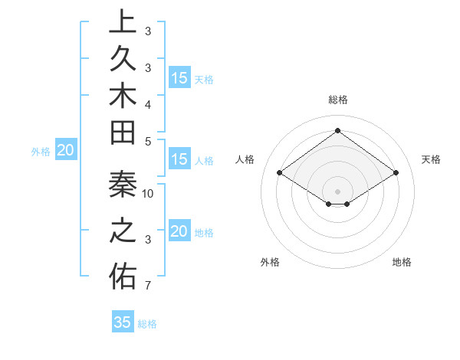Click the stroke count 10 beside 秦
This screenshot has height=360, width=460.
pyautogui.click(x=148, y=194)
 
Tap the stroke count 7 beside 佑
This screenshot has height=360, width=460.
pyautogui.click(x=148, y=286)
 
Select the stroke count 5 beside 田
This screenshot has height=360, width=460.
pyautogui.click(x=148, y=141)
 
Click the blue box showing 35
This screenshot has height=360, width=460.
pyautogui.click(x=123, y=322)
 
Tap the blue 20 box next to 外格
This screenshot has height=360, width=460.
pyautogui.click(x=65, y=151)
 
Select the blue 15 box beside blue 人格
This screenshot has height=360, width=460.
pyautogui.click(x=179, y=160)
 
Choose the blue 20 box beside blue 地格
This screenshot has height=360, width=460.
pyautogui.click(x=179, y=231)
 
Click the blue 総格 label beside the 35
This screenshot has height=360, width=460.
pyautogui.click(x=147, y=324)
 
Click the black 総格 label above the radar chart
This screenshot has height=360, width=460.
pyautogui.click(x=337, y=100)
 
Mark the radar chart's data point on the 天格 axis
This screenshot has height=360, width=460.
pyautogui.click(x=396, y=173)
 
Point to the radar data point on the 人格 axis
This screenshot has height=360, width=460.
pyautogui.click(x=280, y=173)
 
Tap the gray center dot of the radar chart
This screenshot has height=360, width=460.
pyautogui.click(x=337, y=191)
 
